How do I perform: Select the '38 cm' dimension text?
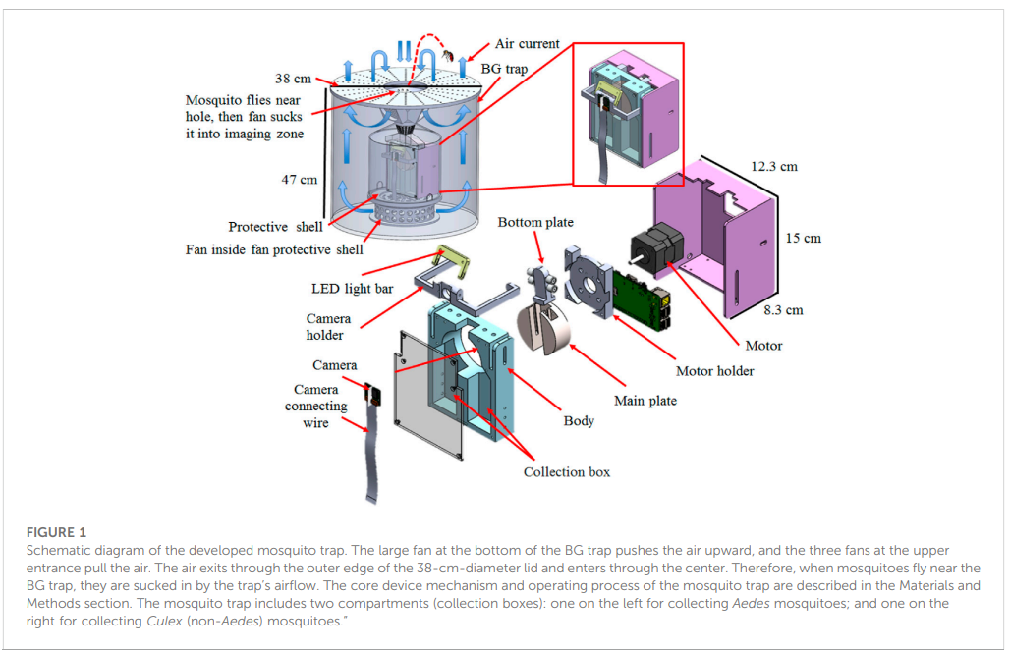coord(295,79)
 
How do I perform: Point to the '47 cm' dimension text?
coord(300,180)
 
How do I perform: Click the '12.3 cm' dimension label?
coord(774,167)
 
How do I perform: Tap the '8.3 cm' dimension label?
coord(783,310)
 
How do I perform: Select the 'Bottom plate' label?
coord(535,223)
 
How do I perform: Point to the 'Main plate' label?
coord(645,401)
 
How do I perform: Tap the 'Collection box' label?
coord(566,472)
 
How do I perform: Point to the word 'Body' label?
coord(579,421)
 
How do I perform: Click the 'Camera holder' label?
coord(328,327)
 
